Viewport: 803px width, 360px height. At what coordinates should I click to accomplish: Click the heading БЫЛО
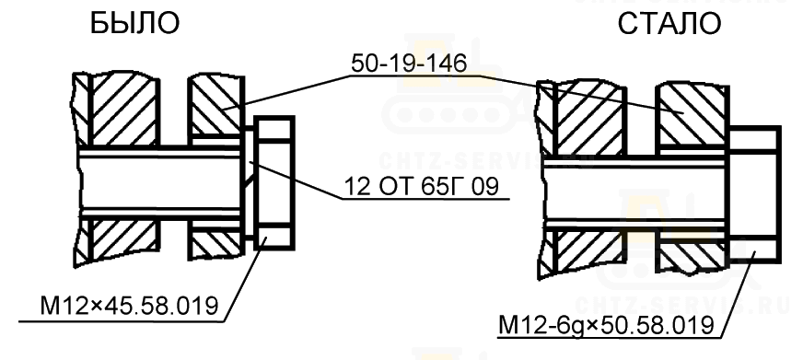coord(134,24)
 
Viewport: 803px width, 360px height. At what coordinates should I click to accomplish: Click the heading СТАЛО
coord(669,24)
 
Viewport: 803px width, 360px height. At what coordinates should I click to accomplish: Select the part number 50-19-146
coord(409,64)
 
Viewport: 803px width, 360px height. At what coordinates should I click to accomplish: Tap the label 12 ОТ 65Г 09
coord(421,187)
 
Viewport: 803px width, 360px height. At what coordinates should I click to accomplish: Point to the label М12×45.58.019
coord(129,307)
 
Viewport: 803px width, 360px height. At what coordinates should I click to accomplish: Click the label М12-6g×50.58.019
coord(606,325)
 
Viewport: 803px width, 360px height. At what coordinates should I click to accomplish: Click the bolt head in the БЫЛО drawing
coord(274,183)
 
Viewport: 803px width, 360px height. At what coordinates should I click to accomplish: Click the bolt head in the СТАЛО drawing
coord(754,194)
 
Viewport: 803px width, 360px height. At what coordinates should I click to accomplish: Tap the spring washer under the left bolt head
coord(248,183)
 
